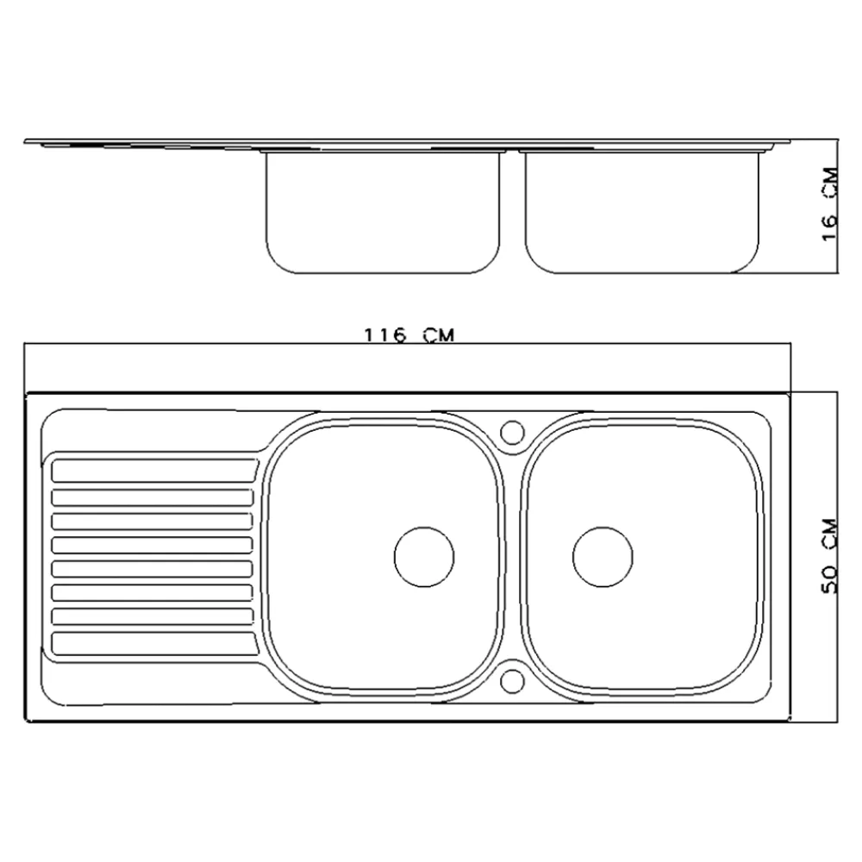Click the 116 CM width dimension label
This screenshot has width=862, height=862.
tap(409, 334)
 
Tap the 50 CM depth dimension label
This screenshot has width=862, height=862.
tap(829, 556)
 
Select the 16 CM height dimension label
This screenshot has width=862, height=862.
tap(829, 204)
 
